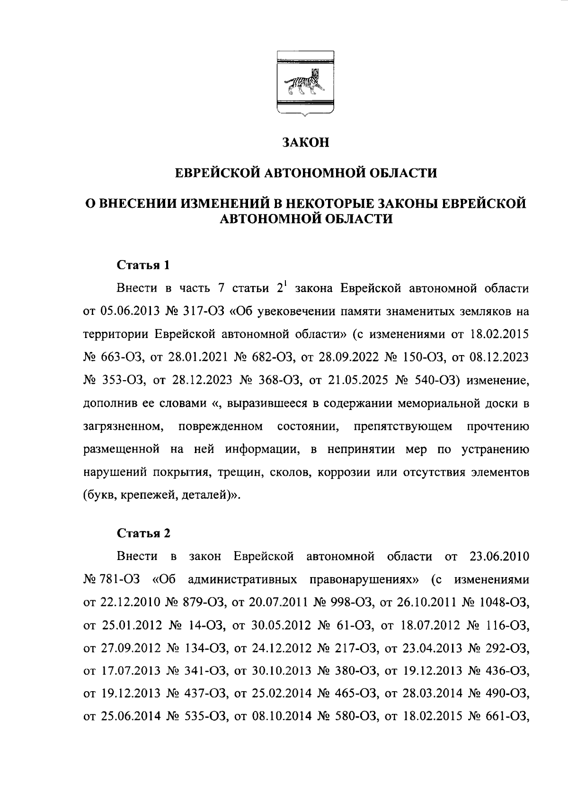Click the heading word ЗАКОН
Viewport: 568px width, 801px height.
(x=305, y=142)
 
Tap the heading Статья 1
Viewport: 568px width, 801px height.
(x=143, y=265)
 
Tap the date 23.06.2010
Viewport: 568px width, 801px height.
(x=499, y=556)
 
